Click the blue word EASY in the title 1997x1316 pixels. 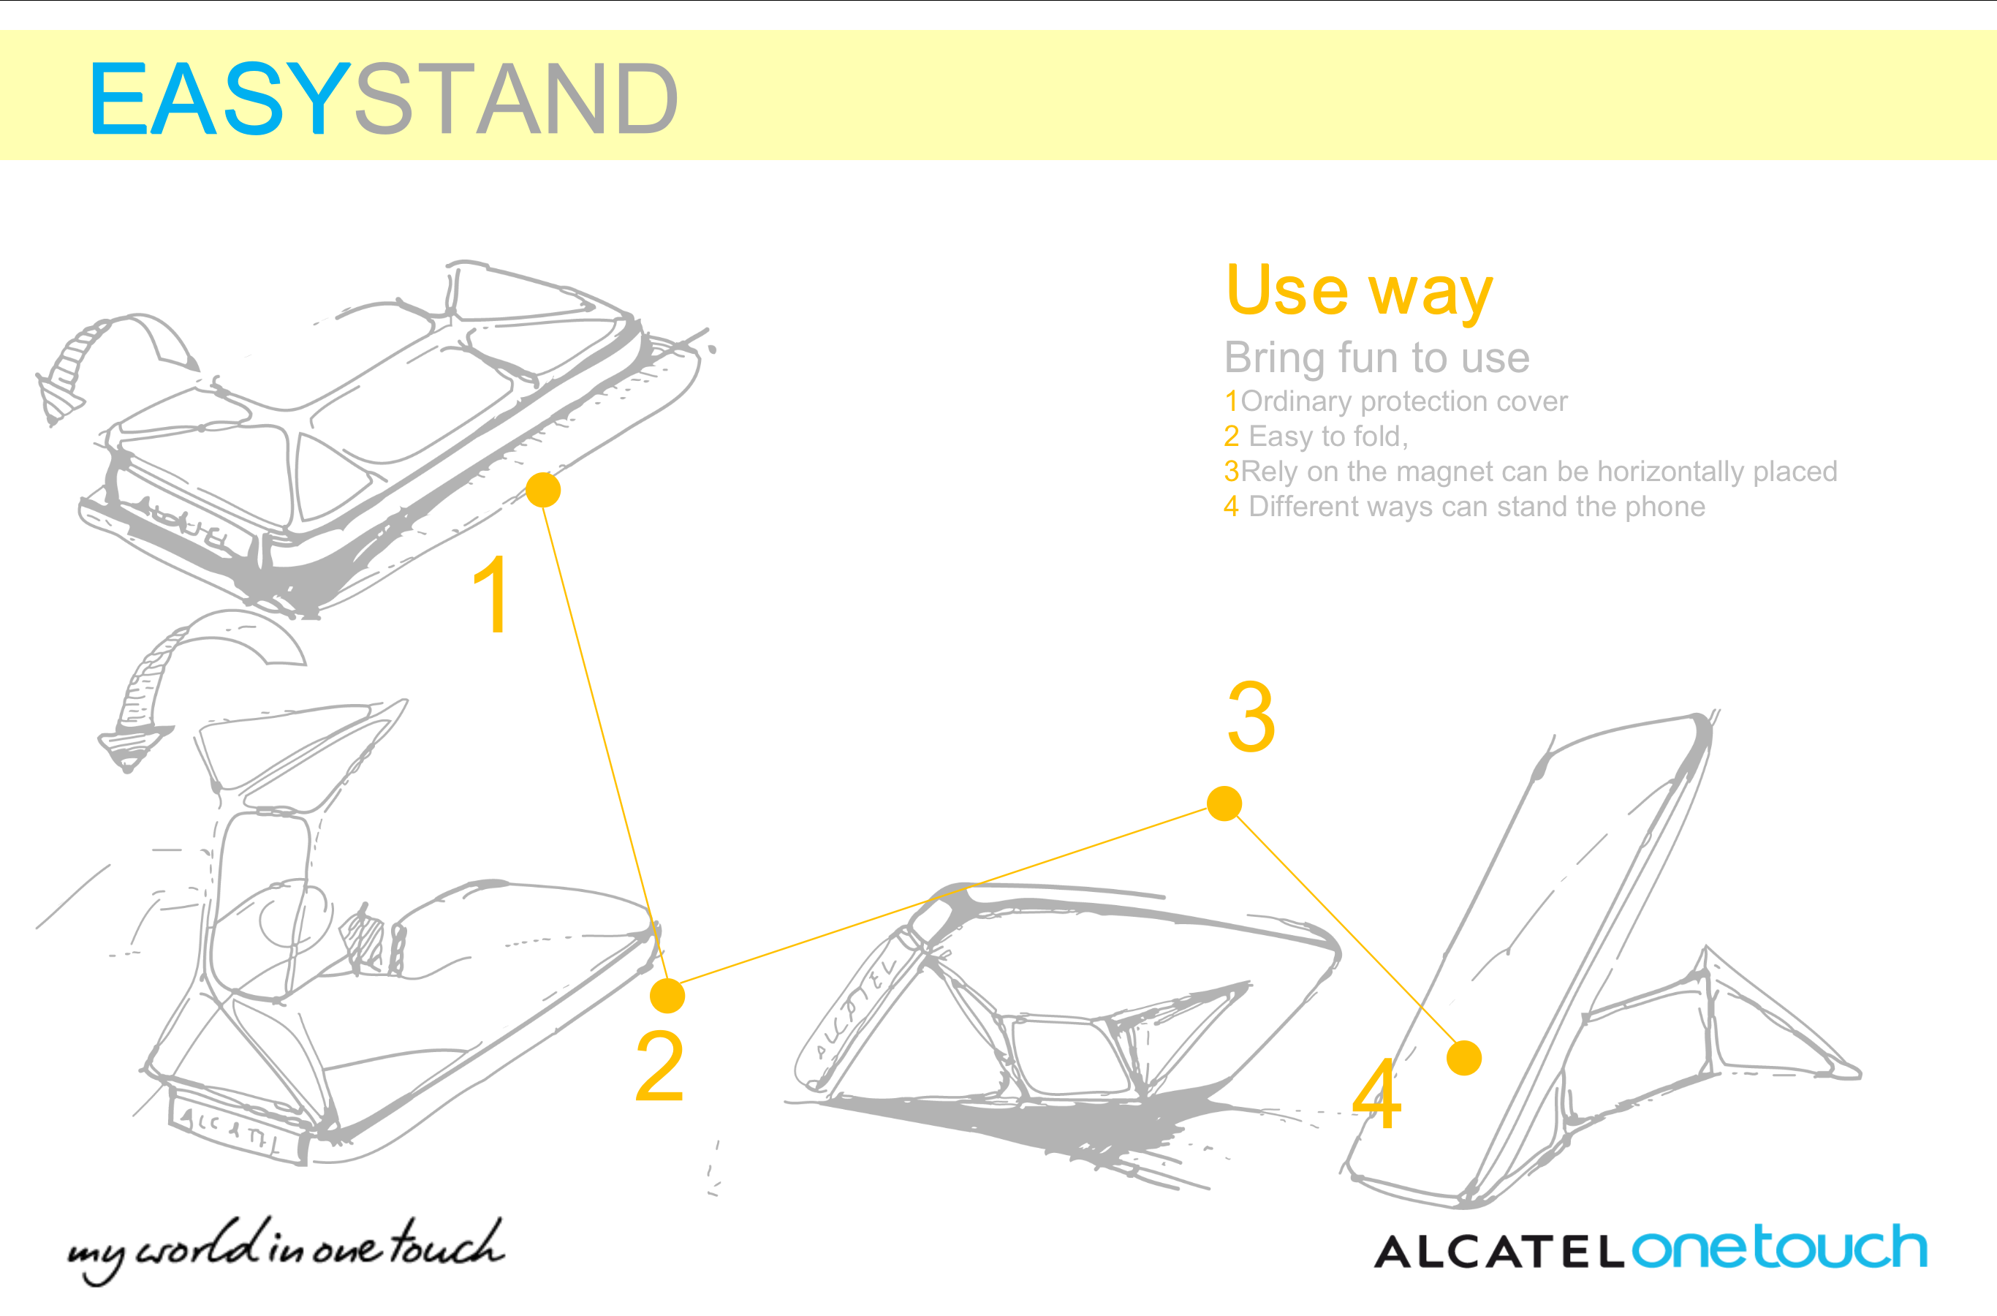click(x=220, y=99)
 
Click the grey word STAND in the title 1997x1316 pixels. click(x=517, y=99)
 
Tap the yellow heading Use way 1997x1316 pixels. click(x=1360, y=290)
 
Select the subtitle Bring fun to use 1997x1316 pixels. click(x=1377, y=358)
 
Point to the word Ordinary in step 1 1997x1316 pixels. click(x=1297, y=401)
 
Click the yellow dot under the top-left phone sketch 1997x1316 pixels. click(x=544, y=490)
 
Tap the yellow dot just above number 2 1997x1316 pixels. click(x=667, y=997)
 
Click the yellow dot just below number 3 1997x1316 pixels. click(x=1224, y=803)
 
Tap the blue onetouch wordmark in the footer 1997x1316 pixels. click(x=1779, y=1248)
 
